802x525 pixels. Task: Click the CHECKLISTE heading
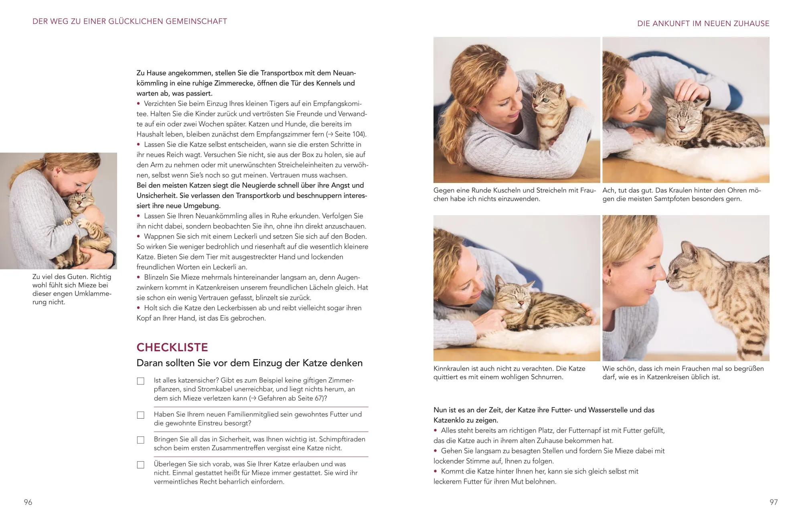point(172,347)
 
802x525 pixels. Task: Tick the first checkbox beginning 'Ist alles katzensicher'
point(141,381)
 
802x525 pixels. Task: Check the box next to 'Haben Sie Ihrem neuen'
point(141,415)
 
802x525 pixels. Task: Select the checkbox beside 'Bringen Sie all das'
point(141,440)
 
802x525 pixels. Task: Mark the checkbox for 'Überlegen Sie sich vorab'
point(141,465)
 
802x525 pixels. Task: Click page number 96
point(28,502)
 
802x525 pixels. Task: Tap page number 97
point(774,502)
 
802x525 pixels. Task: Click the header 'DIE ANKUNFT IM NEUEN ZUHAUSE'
point(703,24)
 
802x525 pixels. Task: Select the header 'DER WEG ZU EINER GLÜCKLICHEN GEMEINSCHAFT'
point(130,21)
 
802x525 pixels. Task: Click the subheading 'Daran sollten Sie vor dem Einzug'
point(249,363)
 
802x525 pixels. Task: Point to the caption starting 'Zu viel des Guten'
point(72,289)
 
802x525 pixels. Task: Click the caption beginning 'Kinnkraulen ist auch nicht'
point(509,372)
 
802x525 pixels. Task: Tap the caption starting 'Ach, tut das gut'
point(681,194)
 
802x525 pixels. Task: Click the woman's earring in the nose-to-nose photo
point(609,282)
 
